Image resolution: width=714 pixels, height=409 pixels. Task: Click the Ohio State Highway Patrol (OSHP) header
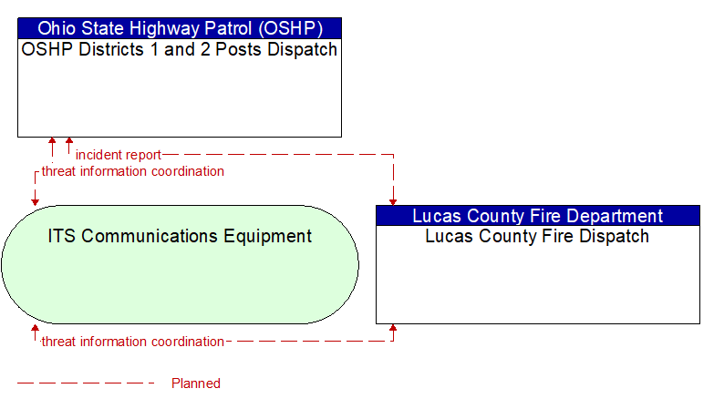pyautogui.click(x=179, y=27)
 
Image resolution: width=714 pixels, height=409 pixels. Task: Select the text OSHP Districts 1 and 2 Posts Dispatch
pyautogui.click(x=179, y=49)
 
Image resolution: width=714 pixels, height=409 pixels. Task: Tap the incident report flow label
pyautogui.click(x=119, y=155)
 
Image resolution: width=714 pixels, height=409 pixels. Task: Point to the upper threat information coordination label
pyautogui.click(x=132, y=171)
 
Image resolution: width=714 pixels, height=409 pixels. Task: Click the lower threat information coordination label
pyautogui.click(x=132, y=342)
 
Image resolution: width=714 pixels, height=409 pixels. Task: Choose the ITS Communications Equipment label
pyautogui.click(x=180, y=237)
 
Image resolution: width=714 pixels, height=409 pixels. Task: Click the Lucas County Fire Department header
pyautogui.click(x=538, y=216)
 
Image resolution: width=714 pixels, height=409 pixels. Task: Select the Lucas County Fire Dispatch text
pyautogui.click(x=538, y=237)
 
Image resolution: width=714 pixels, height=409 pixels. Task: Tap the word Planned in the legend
pyautogui.click(x=196, y=383)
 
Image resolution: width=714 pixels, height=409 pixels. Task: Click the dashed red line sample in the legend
pyautogui.click(x=87, y=383)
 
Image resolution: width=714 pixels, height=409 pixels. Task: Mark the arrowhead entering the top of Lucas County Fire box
pyautogui.click(x=393, y=201)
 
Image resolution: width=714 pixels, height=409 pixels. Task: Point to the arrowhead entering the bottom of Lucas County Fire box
pyautogui.click(x=393, y=328)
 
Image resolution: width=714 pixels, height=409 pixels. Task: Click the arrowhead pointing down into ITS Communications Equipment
pyautogui.click(x=36, y=200)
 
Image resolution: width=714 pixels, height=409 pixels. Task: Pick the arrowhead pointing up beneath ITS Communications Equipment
pyautogui.click(x=36, y=328)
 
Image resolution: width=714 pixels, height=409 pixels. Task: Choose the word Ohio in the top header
pyautogui.click(x=56, y=27)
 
